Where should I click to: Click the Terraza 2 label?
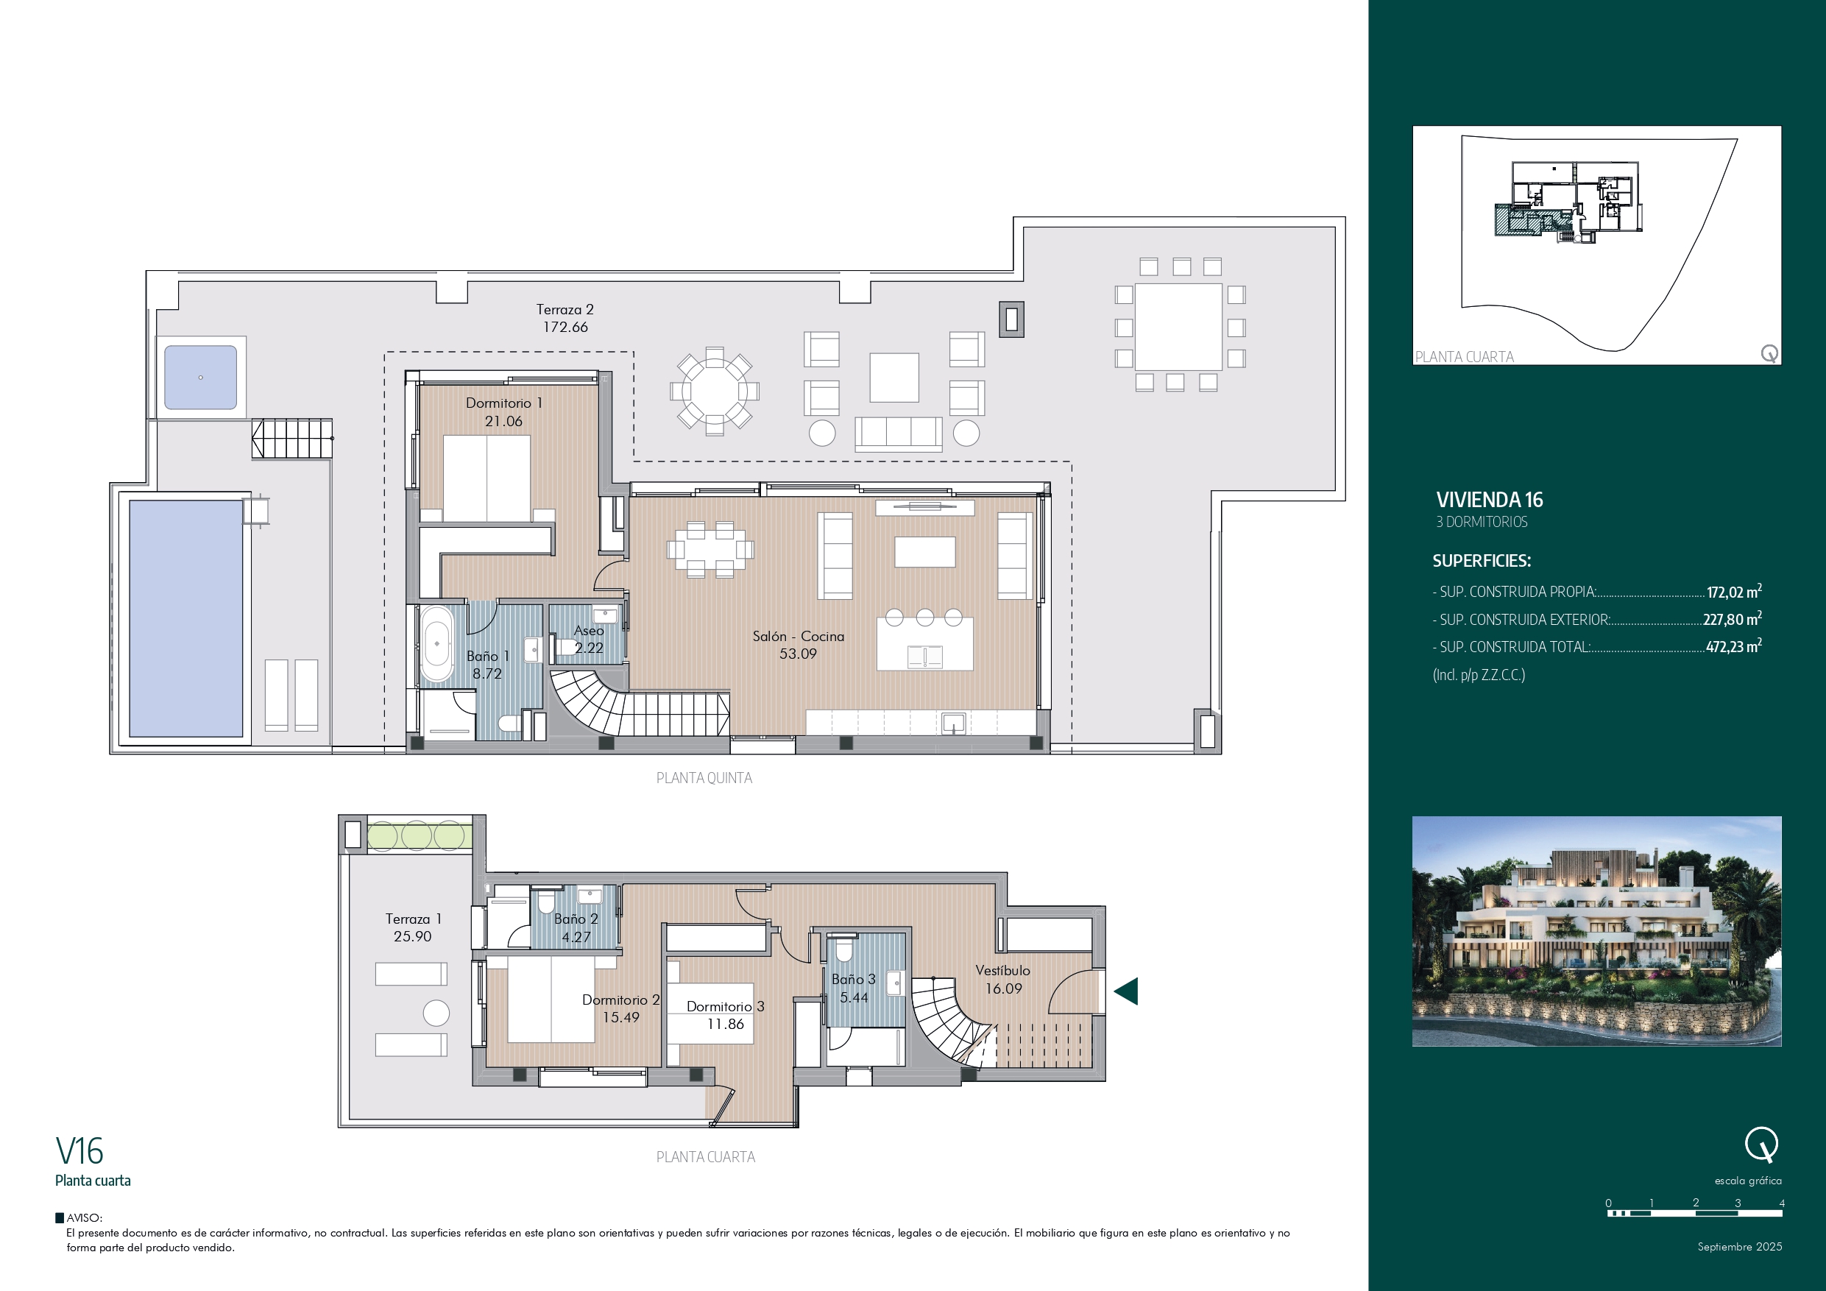[x=565, y=309]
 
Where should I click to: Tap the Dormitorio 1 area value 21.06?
[x=503, y=421]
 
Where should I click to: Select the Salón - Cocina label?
[x=799, y=635]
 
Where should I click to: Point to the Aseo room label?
[x=589, y=630]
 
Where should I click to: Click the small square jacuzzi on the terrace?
[x=200, y=377]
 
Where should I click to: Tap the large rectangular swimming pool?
[x=185, y=618]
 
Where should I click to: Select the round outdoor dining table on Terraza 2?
[x=714, y=391]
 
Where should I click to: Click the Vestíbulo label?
[x=1002, y=970]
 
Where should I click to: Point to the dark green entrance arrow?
[x=1126, y=991]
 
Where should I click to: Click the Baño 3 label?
[x=853, y=979]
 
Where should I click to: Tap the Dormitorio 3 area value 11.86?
[x=725, y=1024]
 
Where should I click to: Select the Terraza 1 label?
[x=413, y=919]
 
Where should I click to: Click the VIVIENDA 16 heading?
[x=1489, y=500]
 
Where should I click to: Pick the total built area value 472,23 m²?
[x=1733, y=646]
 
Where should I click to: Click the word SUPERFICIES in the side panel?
[x=1481, y=561]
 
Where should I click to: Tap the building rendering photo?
[x=1596, y=930]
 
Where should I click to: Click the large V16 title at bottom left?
[x=79, y=1151]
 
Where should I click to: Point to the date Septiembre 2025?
[x=1739, y=1246]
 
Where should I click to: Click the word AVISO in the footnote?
[x=83, y=1218]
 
